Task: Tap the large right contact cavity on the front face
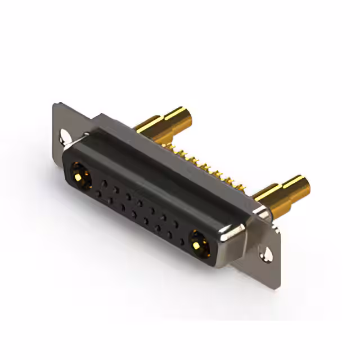pos(198,243)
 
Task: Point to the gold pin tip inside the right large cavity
pos(198,244)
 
